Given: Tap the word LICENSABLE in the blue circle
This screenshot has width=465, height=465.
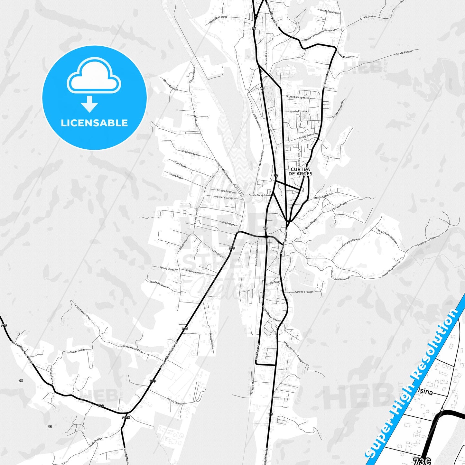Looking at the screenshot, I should (x=94, y=123).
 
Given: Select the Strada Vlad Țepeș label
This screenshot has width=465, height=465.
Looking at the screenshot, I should (x=218, y=19).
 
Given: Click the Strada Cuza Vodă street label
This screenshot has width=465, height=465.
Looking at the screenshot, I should (x=330, y=12).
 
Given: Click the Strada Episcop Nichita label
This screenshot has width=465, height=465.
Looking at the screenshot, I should (x=298, y=97).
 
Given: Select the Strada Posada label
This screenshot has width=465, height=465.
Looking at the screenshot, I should (x=298, y=111).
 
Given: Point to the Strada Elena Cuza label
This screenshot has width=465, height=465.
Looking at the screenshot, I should (x=308, y=135).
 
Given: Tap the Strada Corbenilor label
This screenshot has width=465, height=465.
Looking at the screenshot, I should (x=191, y=153).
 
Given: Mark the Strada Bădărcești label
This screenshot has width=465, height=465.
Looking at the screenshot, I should (x=159, y=284).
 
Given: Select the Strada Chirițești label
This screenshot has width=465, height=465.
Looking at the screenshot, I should (x=305, y=292).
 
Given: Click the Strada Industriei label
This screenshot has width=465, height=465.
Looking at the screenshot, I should (x=176, y=402).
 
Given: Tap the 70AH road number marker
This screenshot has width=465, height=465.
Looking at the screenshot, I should (x=126, y=417).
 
